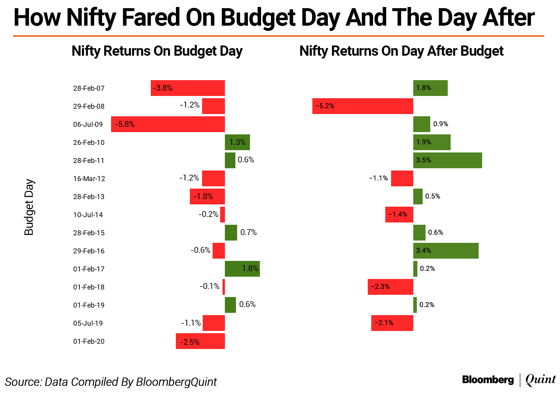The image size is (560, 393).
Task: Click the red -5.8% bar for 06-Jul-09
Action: click(x=168, y=124)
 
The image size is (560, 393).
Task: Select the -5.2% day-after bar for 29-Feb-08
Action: click(x=363, y=106)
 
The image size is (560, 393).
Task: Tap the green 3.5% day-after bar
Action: click(x=447, y=160)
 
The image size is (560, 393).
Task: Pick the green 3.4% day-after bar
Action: click(x=446, y=251)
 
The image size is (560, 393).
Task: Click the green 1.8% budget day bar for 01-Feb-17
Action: click(x=242, y=269)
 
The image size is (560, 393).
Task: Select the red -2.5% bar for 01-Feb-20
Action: click(x=200, y=341)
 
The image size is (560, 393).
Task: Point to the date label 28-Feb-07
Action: click(x=89, y=88)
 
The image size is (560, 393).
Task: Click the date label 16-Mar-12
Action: click(x=89, y=179)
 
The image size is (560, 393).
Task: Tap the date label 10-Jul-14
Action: click(x=88, y=215)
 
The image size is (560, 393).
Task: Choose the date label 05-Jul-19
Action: click(x=88, y=323)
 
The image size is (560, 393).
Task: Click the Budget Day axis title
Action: click(x=29, y=207)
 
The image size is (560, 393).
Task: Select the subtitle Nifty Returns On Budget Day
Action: click(x=157, y=51)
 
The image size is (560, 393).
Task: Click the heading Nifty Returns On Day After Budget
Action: click(x=401, y=51)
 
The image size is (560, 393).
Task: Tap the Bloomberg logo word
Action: click(x=488, y=380)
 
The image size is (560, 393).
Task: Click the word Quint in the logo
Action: click(x=540, y=380)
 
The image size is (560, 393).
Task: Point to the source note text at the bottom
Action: click(x=111, y=382)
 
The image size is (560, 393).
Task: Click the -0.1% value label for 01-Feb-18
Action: click(x=209, y=286)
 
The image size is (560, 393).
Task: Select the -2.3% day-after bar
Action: click(x=390, y=287)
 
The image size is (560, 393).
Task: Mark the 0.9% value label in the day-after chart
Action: click(x=440, y=124)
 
